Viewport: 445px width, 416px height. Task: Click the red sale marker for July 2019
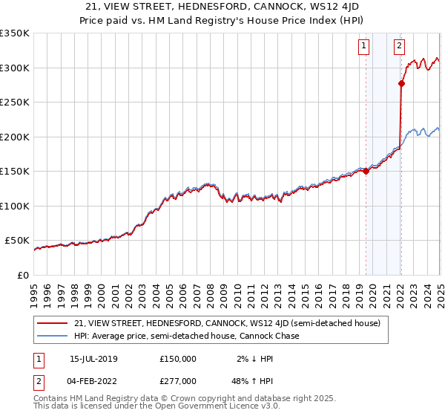366,171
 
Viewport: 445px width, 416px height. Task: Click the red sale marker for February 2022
401,83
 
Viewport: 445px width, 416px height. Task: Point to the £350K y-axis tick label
15,33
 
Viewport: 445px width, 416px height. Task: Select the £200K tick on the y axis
15,137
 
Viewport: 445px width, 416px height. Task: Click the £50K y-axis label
17,241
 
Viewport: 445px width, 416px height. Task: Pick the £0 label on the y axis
24,275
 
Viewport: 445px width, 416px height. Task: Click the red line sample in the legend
52,323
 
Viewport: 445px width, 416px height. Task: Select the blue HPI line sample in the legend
52,336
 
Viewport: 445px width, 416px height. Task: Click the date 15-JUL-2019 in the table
94,358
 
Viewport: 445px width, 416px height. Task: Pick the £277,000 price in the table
177,380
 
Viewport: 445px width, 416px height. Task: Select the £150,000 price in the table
177,358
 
